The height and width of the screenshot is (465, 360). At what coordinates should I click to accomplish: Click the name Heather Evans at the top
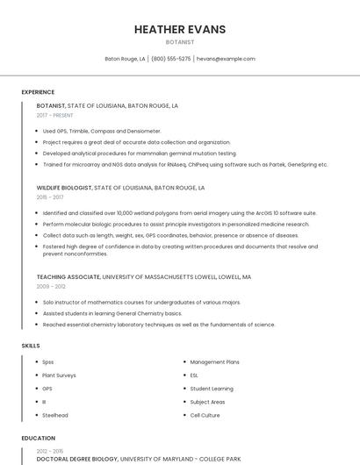pos(180,29)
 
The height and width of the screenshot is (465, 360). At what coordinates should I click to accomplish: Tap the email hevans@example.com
pos(226,59)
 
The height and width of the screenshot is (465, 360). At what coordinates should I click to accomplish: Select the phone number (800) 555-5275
pos(171,59)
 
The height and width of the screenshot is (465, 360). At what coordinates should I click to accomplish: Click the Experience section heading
pos(38,92)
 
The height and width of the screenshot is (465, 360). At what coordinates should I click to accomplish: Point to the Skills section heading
pos(31,346)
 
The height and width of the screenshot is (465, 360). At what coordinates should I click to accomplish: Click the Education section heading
pos(38,437)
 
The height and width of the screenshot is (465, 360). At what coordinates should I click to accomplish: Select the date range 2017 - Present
pos(55,115)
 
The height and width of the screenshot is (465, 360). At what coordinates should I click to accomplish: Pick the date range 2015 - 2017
pos(50,197)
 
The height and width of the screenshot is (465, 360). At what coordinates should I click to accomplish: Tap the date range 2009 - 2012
pos(51,286)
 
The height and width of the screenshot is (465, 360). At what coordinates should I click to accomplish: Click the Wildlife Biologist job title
pos(63,188)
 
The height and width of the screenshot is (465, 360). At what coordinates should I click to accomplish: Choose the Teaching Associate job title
pos(68,276)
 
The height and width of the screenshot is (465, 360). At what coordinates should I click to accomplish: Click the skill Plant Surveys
pos(59,375)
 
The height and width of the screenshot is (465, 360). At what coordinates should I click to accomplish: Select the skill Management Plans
pos(214,361)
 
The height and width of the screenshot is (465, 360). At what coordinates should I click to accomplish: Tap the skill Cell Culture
pos(205,415)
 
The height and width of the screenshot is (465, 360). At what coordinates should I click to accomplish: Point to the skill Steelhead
pos(54,415)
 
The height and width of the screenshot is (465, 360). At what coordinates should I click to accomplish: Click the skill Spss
pos(48,361)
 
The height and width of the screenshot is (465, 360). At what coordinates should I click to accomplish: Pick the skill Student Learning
pos(211,388)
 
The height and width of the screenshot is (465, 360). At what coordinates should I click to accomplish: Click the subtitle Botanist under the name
pos(180,41)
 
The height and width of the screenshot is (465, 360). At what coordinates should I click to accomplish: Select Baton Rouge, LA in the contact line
pos(125,59)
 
